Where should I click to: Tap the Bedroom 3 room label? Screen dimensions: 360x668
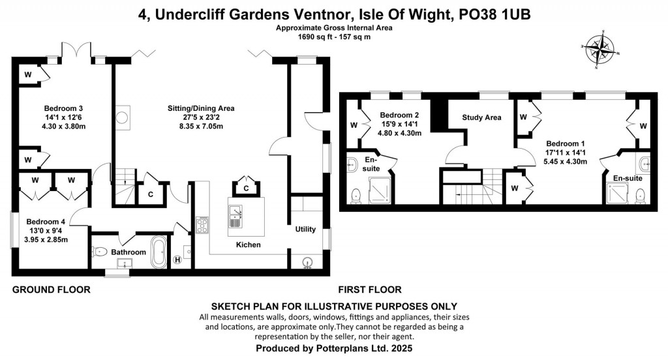pos(63,108)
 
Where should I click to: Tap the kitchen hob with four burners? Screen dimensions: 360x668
pos(202,226)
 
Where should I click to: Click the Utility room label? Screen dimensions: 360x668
pos(305,229)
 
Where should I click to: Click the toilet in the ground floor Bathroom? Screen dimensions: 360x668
pos(100,251)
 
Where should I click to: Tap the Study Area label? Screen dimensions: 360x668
pos(481,118)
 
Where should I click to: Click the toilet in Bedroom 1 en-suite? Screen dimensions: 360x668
pos(640,194)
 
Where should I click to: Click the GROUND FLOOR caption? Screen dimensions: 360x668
pos(51,290)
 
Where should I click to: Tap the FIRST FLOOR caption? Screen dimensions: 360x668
pos(369,290)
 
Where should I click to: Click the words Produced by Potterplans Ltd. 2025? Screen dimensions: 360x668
pos(333,349)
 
